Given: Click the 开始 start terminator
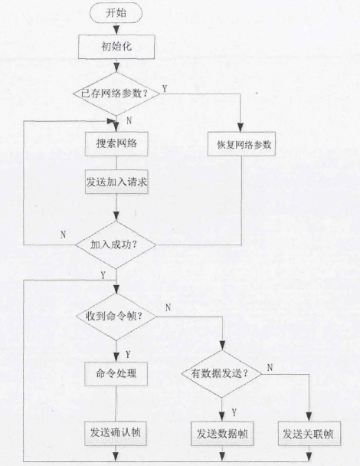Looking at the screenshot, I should pos(116,13).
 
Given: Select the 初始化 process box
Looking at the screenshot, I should pos(116,47).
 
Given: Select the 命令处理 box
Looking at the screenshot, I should pos(116,374).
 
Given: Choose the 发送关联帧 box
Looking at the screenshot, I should pos(308,433).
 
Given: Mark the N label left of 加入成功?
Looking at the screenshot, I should pos(63,235).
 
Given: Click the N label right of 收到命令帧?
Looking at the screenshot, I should pos(169,307).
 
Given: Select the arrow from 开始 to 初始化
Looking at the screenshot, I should pos(116,29).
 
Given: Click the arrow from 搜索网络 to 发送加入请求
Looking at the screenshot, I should pos(116,162).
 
